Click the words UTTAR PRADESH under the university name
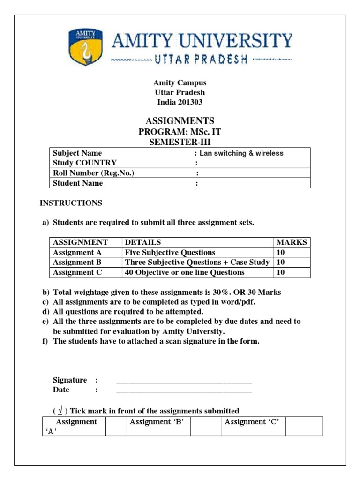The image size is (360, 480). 201,60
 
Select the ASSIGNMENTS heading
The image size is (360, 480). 180,120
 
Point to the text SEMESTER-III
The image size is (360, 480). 180,142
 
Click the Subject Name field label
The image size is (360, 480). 77,153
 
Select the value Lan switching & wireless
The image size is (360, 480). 241,153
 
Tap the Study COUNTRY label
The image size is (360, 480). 85,163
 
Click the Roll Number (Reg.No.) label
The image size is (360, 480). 94,173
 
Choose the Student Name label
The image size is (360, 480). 78,183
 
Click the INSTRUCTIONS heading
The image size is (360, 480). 71,203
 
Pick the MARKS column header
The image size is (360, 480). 292,242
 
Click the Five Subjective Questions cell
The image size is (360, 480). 170,252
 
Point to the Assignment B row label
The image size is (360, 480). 77,262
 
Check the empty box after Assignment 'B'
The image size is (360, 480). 205,426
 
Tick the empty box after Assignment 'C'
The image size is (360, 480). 304,426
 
